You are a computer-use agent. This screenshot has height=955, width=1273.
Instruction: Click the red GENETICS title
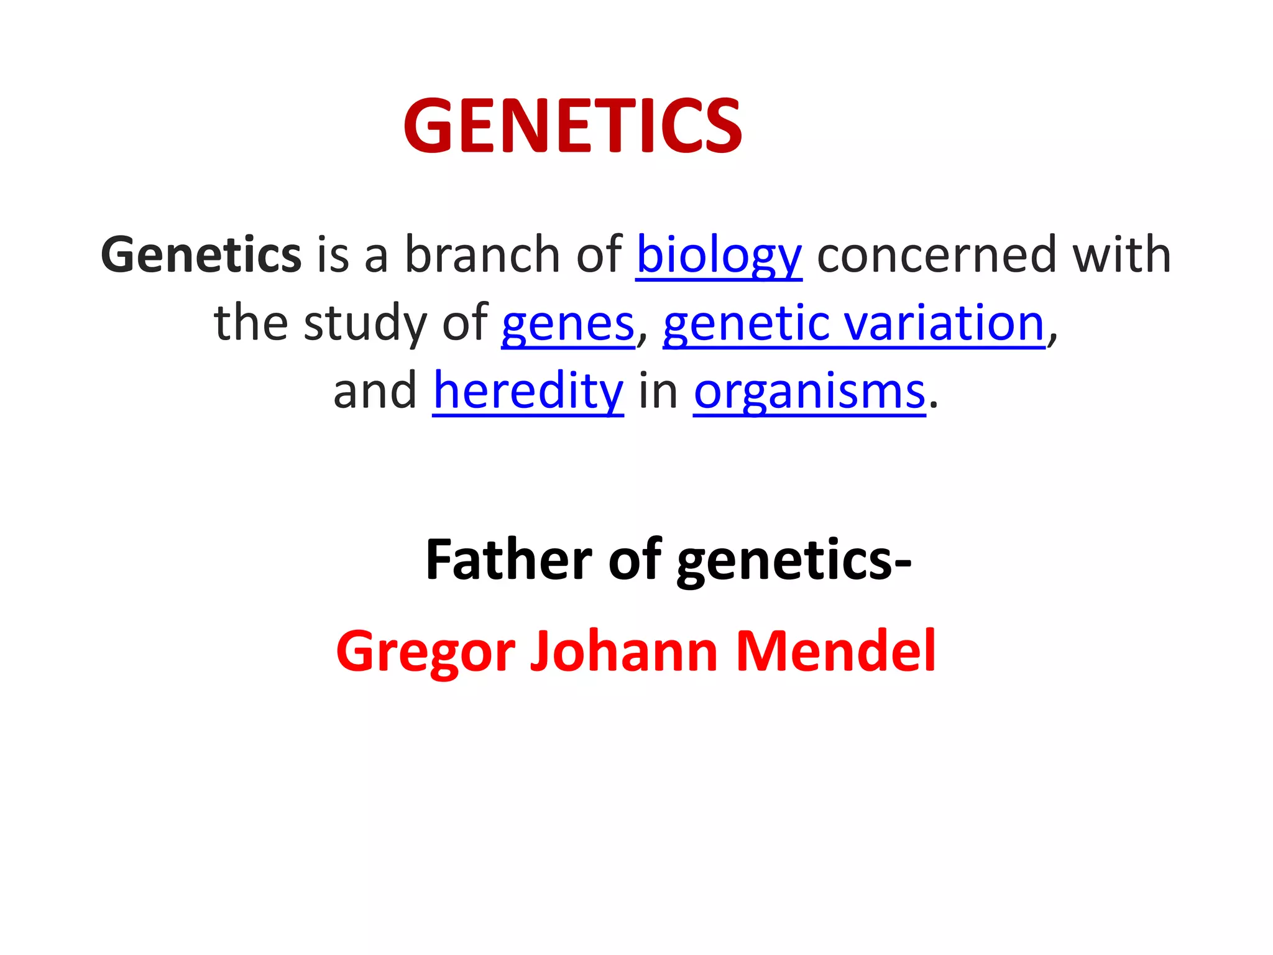(x=572, y=126)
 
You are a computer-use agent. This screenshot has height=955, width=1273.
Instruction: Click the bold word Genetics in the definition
(x=201, y=254)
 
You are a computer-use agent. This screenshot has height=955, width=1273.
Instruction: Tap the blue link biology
(x=719, y=256)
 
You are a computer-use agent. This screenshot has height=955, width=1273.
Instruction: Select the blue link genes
(x=568, y=324)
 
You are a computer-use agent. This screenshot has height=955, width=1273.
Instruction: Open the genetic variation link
(x=854, y=323)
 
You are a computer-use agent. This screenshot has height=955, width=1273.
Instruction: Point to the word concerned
(x=935, y=254)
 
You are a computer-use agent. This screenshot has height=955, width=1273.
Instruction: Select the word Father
(x=508, y=560)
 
